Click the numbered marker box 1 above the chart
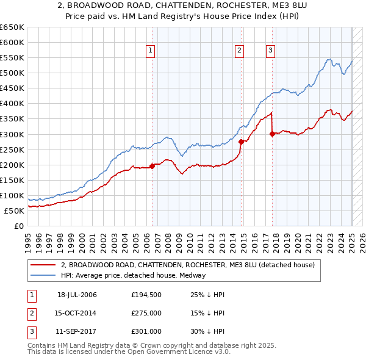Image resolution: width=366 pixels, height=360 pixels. (149, 51)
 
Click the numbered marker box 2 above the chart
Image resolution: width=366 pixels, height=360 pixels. (240, 51)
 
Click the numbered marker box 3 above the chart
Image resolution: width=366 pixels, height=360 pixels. (270, 51)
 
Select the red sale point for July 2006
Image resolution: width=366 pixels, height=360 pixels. (152, 166)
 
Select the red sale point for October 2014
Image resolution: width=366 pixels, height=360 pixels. (242, 142)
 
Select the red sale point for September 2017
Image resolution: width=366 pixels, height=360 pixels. (272, 134)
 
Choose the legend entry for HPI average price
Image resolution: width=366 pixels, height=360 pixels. (133, 276)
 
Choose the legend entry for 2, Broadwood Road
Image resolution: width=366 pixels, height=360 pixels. (188, 265)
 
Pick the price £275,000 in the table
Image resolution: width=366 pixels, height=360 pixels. (147, 313)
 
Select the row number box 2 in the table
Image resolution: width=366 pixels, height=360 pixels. (31, 313)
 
